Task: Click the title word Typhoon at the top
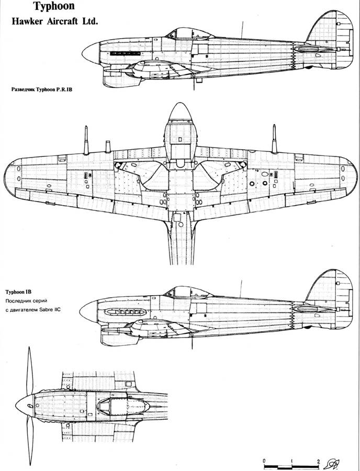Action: (54, 7)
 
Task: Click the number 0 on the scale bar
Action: (264, 461)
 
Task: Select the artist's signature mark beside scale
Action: (330, 464)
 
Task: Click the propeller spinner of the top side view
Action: (91, 53)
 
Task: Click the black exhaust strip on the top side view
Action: (125, 53)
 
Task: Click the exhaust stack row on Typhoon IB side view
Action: (125, 312)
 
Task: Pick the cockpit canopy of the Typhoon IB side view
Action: (188, 292)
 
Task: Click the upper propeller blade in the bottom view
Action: (29, 371)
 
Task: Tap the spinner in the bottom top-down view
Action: (25, 406)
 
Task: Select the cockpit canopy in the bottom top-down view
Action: (123, 406)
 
